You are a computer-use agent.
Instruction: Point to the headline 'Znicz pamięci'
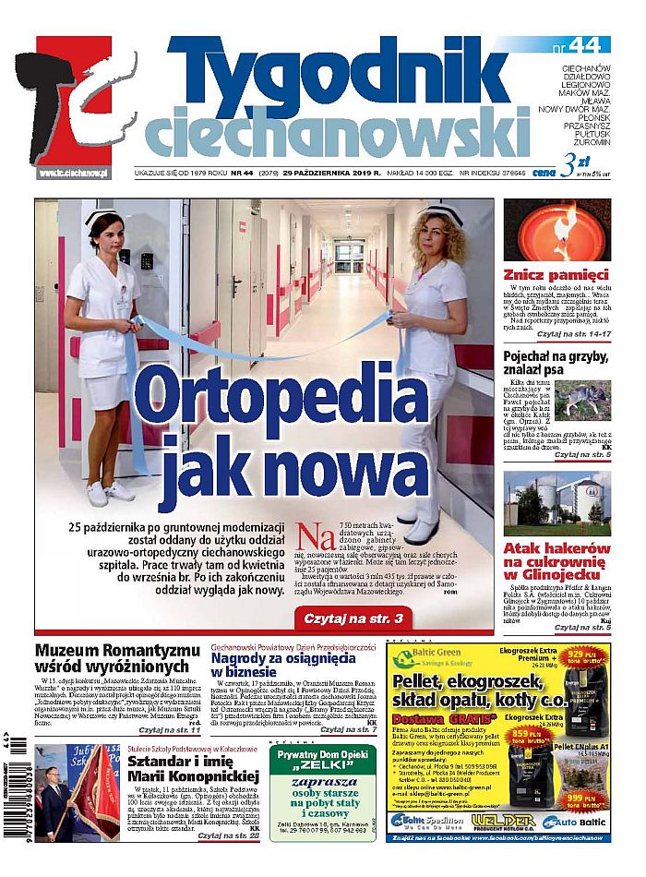[556, 274]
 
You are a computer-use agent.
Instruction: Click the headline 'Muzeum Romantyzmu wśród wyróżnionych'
[116, 658]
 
